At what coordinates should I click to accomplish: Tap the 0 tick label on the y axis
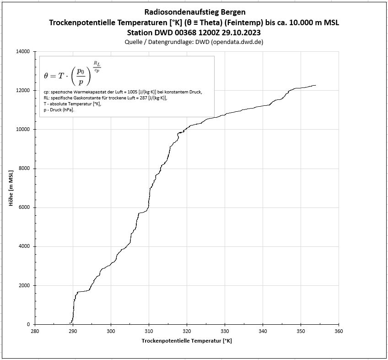[28, 324]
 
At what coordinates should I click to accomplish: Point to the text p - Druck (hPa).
[59, 110]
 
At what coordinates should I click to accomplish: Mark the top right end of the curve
[315, 85]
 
